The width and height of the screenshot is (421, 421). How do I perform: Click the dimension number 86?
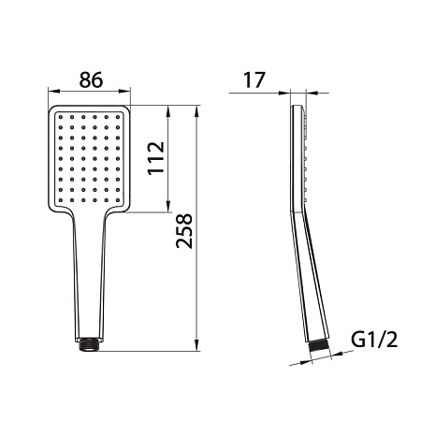click(x=91, y=80)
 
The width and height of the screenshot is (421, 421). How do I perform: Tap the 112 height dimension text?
click(x=156, y=158)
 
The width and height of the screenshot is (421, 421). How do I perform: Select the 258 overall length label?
click(x=184, y=231)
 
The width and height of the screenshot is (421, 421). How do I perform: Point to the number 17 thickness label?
click(x=254, y=80)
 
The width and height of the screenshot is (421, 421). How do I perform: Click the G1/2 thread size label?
click(x=374, y=340)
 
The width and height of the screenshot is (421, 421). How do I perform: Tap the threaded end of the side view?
click(x=320, y=348)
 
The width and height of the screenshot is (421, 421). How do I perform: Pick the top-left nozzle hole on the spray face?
click(x=61, y=117)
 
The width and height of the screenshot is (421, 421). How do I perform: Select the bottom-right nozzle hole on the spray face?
click(x=118, y=200)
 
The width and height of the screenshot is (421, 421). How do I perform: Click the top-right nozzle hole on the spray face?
click(x=118, y=117)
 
